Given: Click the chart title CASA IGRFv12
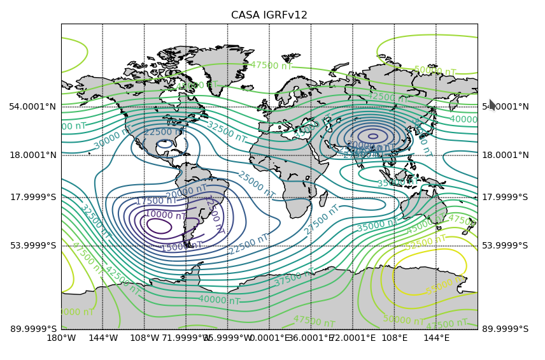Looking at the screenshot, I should [x=269, y=15].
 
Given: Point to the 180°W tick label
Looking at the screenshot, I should [x=62, y=338].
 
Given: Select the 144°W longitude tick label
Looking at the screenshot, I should [x=103, y=338].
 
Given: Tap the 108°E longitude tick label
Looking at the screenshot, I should [x=394, y=338].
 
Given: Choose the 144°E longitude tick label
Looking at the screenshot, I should [x=436, y=338].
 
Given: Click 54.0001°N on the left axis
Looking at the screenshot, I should [x=32, y=106].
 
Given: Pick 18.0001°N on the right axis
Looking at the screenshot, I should [x=505, y=155].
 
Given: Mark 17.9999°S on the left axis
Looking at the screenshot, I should [x=33, y=197].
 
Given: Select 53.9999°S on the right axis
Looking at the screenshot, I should [x=505, y=245].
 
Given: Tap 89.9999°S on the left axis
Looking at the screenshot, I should [x=33, y=329].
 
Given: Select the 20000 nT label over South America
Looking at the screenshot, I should [x=186, y=191].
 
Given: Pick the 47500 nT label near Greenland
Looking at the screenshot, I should [x=271, y=66].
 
